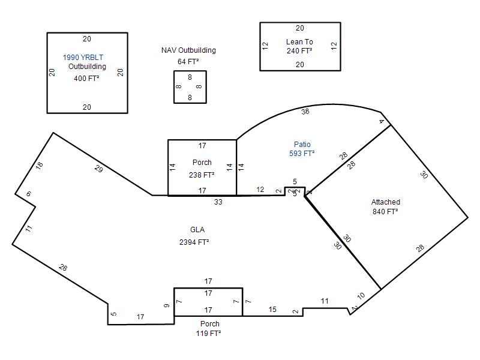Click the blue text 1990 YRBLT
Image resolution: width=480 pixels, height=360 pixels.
[x=83, y=57]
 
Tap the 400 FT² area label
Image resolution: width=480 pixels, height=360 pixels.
[x=86, y=79]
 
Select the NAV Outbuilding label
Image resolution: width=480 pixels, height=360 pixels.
[x=188, y=50]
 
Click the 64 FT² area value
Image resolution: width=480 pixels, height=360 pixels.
[x=188, y=62]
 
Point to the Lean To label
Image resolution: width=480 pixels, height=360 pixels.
[x=299, y=41]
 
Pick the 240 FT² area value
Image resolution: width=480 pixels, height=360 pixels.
[x=299, y=51]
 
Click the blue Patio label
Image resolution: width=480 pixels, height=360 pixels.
[x=302, y=144]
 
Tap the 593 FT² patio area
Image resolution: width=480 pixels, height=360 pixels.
[x=302, y=154]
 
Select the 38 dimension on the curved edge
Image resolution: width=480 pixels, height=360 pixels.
[x=305, y=112]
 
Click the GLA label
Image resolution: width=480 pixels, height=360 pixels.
[x=197, y=230]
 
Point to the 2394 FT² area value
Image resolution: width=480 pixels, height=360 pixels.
[x=194, y=242]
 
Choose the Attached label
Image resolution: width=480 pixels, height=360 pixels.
[x=386, y=202]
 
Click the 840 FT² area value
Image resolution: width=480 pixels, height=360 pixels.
[x=385, y=212]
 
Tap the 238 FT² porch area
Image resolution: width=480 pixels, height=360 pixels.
[x=202, y=175]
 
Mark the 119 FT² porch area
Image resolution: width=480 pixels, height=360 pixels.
[x=208, y=333]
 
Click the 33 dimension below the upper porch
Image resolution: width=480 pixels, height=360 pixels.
[x=218, y=202]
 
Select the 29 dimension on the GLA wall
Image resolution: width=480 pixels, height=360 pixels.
[x=98, y=169]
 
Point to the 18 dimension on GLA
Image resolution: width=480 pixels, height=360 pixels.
[x=39, y=166]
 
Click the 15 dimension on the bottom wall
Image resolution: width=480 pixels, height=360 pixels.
[x=272, y=310]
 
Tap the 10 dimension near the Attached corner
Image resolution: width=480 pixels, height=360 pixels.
[x=361, y=296]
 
